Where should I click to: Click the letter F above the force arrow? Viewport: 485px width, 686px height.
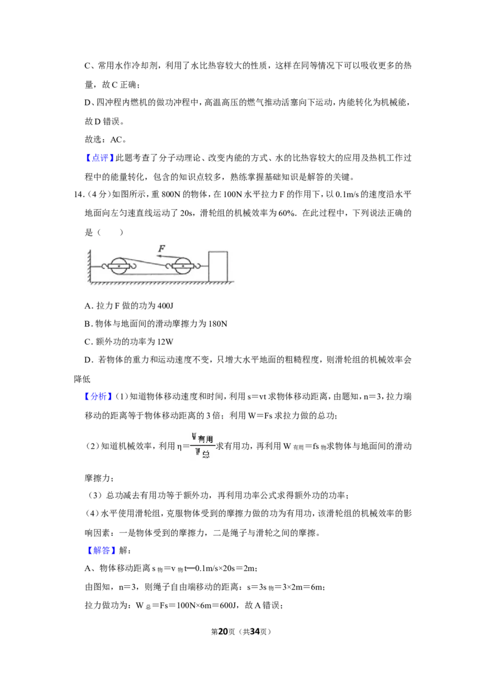161,248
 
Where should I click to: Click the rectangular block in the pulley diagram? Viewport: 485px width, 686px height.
218,267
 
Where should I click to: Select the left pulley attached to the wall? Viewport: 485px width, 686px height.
119,265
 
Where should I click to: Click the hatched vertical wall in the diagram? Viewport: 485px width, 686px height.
89,267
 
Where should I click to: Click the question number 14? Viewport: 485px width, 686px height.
78,195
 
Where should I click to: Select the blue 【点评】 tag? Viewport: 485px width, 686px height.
99,158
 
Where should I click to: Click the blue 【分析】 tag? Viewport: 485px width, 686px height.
99,396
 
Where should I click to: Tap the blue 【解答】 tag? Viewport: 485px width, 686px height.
99,550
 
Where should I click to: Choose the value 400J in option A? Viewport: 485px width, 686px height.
165,305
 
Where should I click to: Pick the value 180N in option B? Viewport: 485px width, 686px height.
218,324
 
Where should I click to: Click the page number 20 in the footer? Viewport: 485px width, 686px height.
223,631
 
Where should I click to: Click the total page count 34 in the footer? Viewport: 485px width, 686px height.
255,631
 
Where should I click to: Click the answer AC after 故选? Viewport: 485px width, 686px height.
116,139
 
